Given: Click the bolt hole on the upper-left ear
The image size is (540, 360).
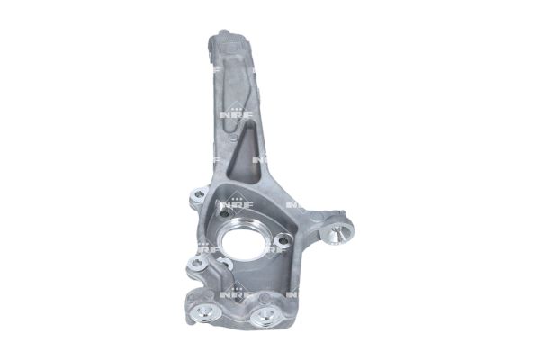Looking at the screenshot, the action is tap(200, 196).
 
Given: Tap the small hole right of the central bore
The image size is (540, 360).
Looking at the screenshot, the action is tap(283, 239).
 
